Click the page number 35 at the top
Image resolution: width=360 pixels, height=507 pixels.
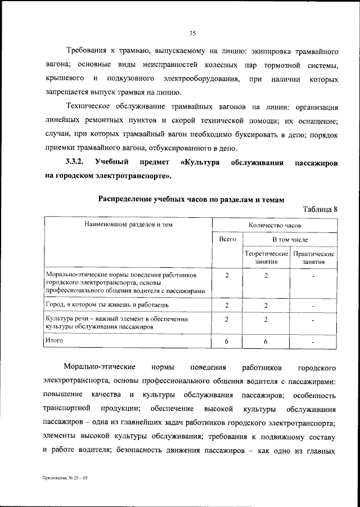pyautogui.click(x=191, y=34)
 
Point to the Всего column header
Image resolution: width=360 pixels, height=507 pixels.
pyautogui.click(x=227, y=240)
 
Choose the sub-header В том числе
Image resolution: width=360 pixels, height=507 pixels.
pyautogui.click(x=291, y=240)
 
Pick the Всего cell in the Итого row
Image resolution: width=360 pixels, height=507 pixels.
pyautogui.click(x=227, y=341)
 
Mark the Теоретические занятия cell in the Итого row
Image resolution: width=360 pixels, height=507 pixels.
pyautogui.click(x=266, y=341)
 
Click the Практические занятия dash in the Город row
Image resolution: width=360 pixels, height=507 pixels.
pyautogui.click(x=313, y=306)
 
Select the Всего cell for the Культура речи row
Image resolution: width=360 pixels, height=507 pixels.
pyautogui.click(x=227, y=319)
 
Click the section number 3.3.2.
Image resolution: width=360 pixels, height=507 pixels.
pyautogui.click(x=74, y=162)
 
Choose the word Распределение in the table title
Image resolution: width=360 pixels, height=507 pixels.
pyautogui.click(x=127, y=199)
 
